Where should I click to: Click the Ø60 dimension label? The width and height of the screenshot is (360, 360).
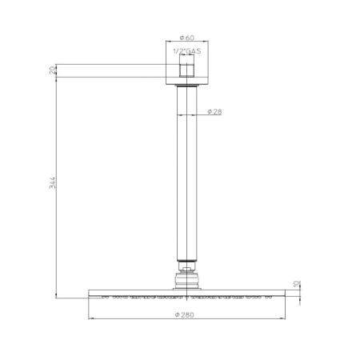[186, 38]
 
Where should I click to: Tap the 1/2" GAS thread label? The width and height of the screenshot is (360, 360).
[187, 51]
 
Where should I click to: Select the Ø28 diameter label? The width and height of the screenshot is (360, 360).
[214, 111]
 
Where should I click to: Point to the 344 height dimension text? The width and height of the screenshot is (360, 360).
[53, 182]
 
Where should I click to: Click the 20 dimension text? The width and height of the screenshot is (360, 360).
[53, 70]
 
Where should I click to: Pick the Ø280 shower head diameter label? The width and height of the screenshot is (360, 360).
[185, 314]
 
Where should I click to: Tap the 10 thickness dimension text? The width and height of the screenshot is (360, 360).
[297, 284]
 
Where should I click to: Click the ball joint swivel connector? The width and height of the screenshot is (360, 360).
[186, 280]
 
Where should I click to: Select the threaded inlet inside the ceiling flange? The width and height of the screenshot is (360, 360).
[186, 66]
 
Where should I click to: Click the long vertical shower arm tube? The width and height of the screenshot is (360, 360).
[186, 174]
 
